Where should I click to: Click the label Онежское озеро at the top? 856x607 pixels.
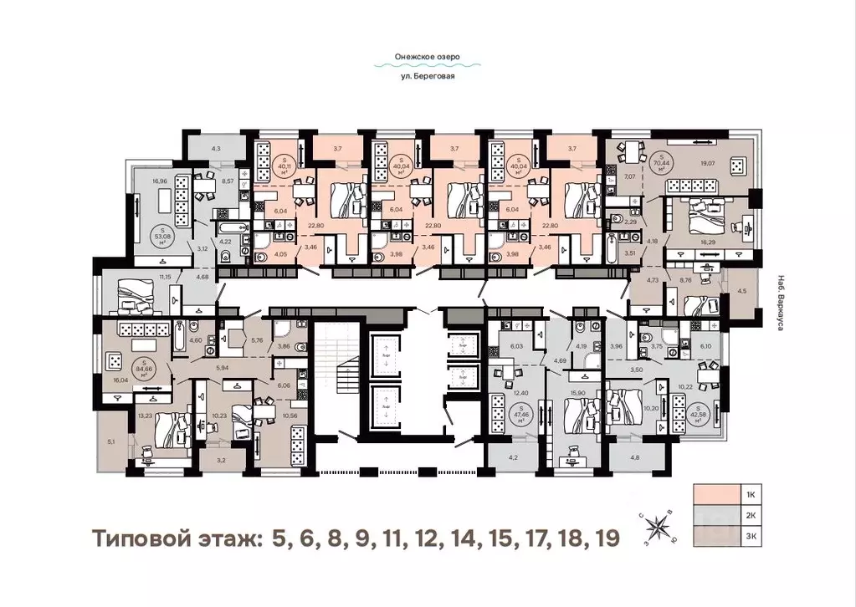(x=428, y=58)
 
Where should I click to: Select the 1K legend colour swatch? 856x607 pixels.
(x=717, y=495)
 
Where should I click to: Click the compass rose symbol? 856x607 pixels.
(x=657, y=527)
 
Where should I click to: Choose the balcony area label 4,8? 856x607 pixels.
(x=633, y=457)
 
